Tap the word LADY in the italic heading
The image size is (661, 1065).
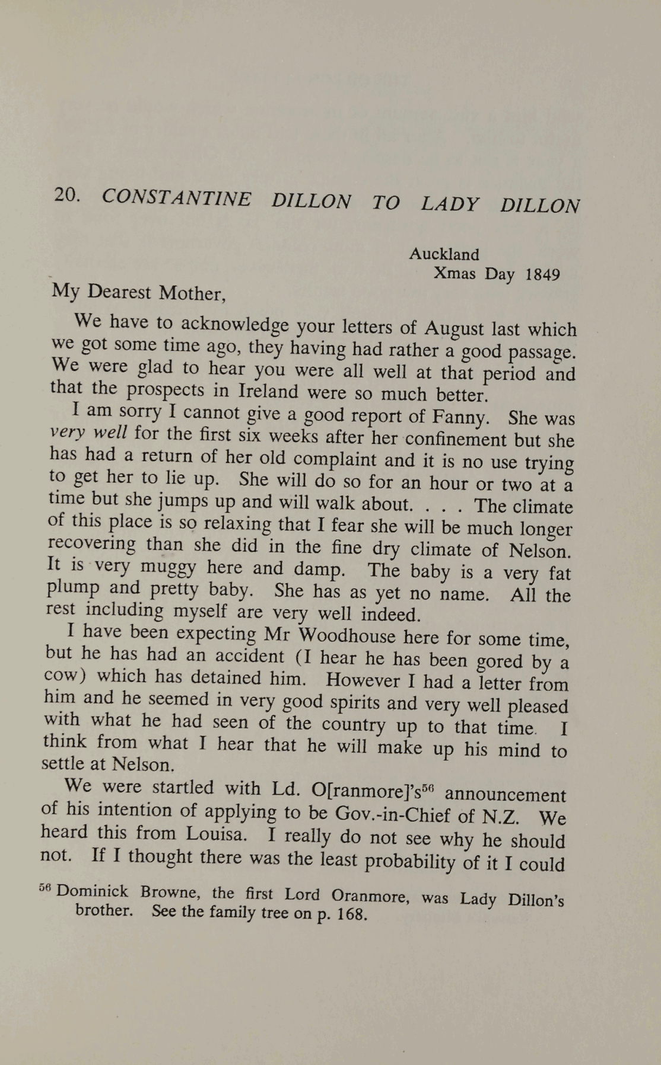(449, 204)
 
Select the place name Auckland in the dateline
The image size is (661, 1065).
(444, 254)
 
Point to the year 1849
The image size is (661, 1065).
(543, 275)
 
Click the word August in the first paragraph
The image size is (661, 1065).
(456, 327)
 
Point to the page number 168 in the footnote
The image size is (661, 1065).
(352, 913)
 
